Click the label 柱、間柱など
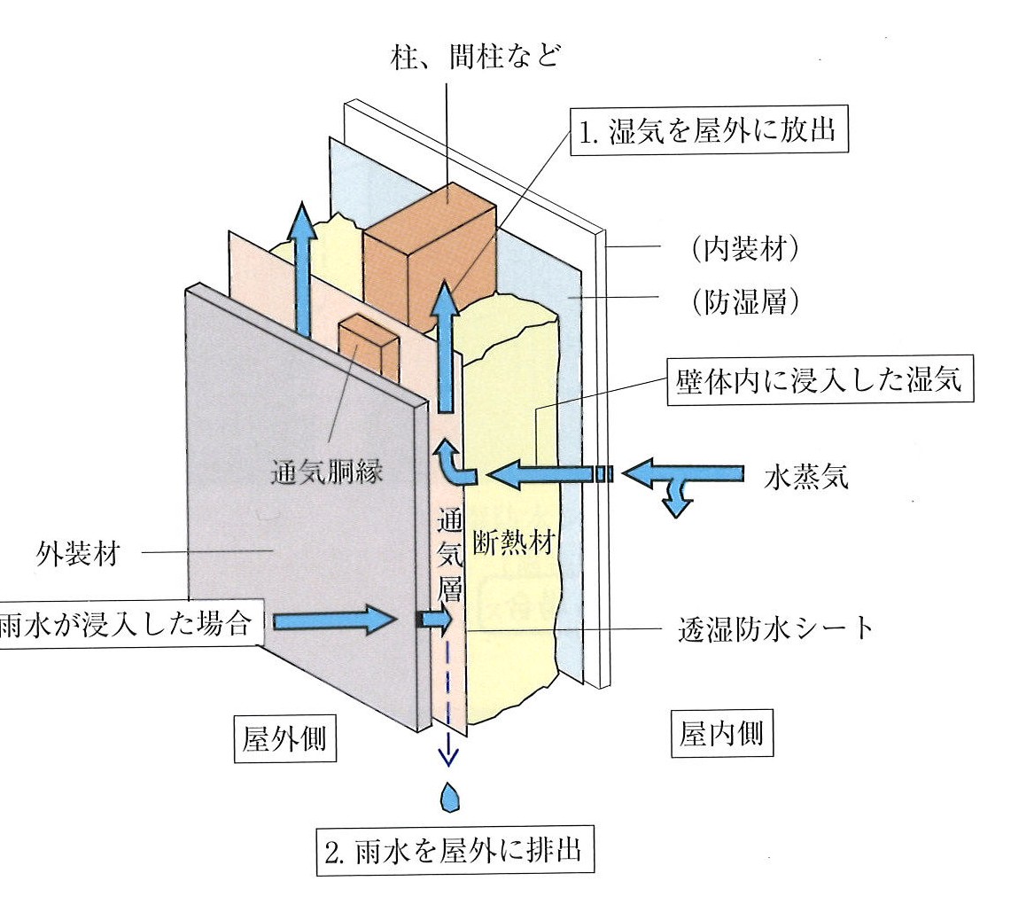475,60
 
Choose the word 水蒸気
806,477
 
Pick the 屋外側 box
284,738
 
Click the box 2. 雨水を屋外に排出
454,852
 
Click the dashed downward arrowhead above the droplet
448,755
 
